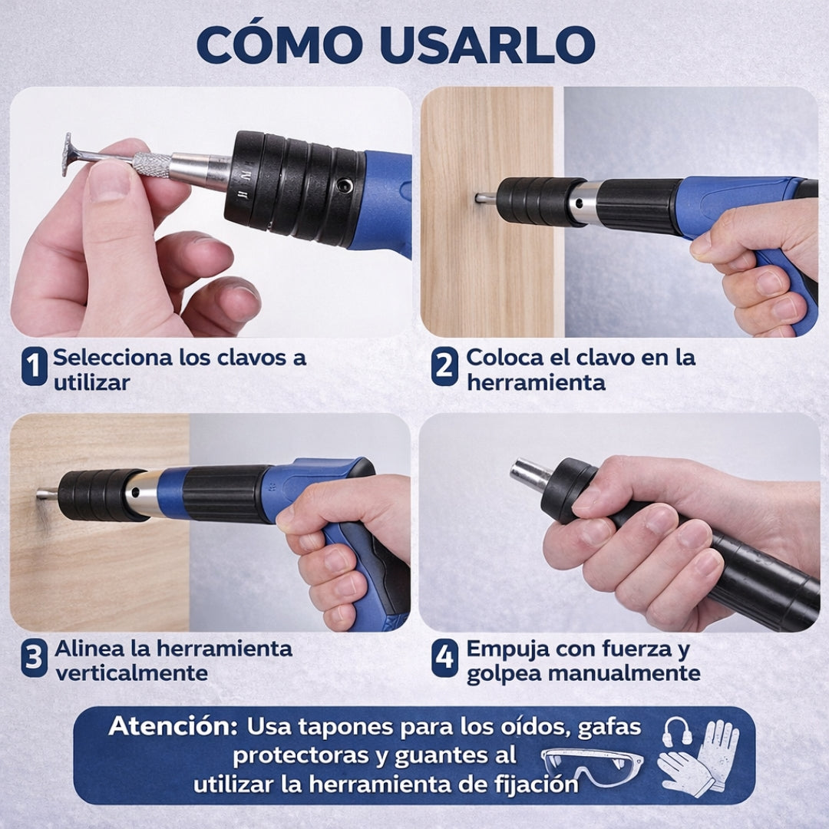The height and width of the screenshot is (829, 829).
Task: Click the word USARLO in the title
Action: (x=487, y=45)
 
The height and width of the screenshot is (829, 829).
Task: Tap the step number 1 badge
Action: (x=35, y=366)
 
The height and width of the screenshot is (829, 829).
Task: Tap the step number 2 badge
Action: (x=444, y=366)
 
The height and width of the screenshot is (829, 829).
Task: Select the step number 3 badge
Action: (x=35, y=658)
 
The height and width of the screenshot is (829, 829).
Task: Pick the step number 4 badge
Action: (x=444, y=658)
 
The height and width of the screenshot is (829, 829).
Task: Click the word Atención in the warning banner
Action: (x=173, y=726)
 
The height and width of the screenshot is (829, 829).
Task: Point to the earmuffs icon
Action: (x=677, y=732)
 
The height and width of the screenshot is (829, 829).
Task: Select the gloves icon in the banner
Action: (x=698, y=758)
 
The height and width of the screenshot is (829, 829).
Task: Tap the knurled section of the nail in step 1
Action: (x=152, y=165)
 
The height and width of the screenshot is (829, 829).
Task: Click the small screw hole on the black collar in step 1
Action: (x=345, y=185)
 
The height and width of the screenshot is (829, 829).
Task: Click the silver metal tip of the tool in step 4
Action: (x=530, y=475)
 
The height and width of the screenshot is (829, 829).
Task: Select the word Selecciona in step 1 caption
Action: (x=113, y=358)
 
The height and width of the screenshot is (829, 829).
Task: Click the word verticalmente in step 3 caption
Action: (x=132, y=673)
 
